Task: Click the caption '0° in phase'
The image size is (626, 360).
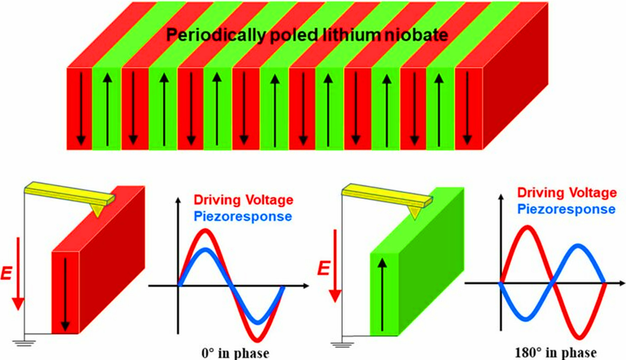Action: tap(232, 353)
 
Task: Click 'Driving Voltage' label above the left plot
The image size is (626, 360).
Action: tap(243, 200)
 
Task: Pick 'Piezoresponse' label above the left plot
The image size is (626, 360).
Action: tap(243, 216)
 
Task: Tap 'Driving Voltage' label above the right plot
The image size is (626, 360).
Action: tap(567, 193)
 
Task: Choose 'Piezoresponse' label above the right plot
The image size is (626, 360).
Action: tap(566, 209)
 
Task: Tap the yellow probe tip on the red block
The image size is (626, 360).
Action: tap(97, 211)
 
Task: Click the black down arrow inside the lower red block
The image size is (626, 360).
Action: tap(65, 294)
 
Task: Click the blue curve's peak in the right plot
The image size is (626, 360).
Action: tap(577, 246)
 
